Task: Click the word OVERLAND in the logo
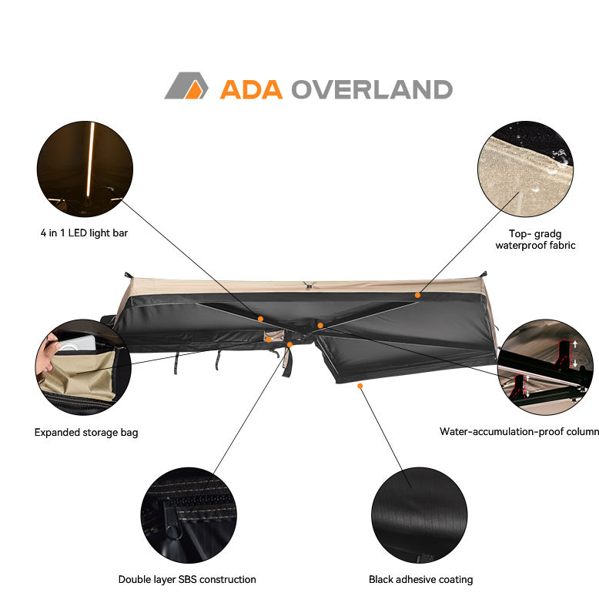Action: click(x=371, y=89)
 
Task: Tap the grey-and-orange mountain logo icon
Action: click(x=186, y=85)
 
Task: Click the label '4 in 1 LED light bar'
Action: click(x=85, y=232)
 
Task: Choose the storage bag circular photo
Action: click(x=82, y=367)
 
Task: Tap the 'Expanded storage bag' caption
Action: click(x=86, y=433)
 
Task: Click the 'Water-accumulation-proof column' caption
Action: click(x=519, y=432)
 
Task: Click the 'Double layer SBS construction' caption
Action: click(x=187, y=579)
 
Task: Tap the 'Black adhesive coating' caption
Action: click(x=420, y=579)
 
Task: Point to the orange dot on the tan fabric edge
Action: click(x=417, y=294)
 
